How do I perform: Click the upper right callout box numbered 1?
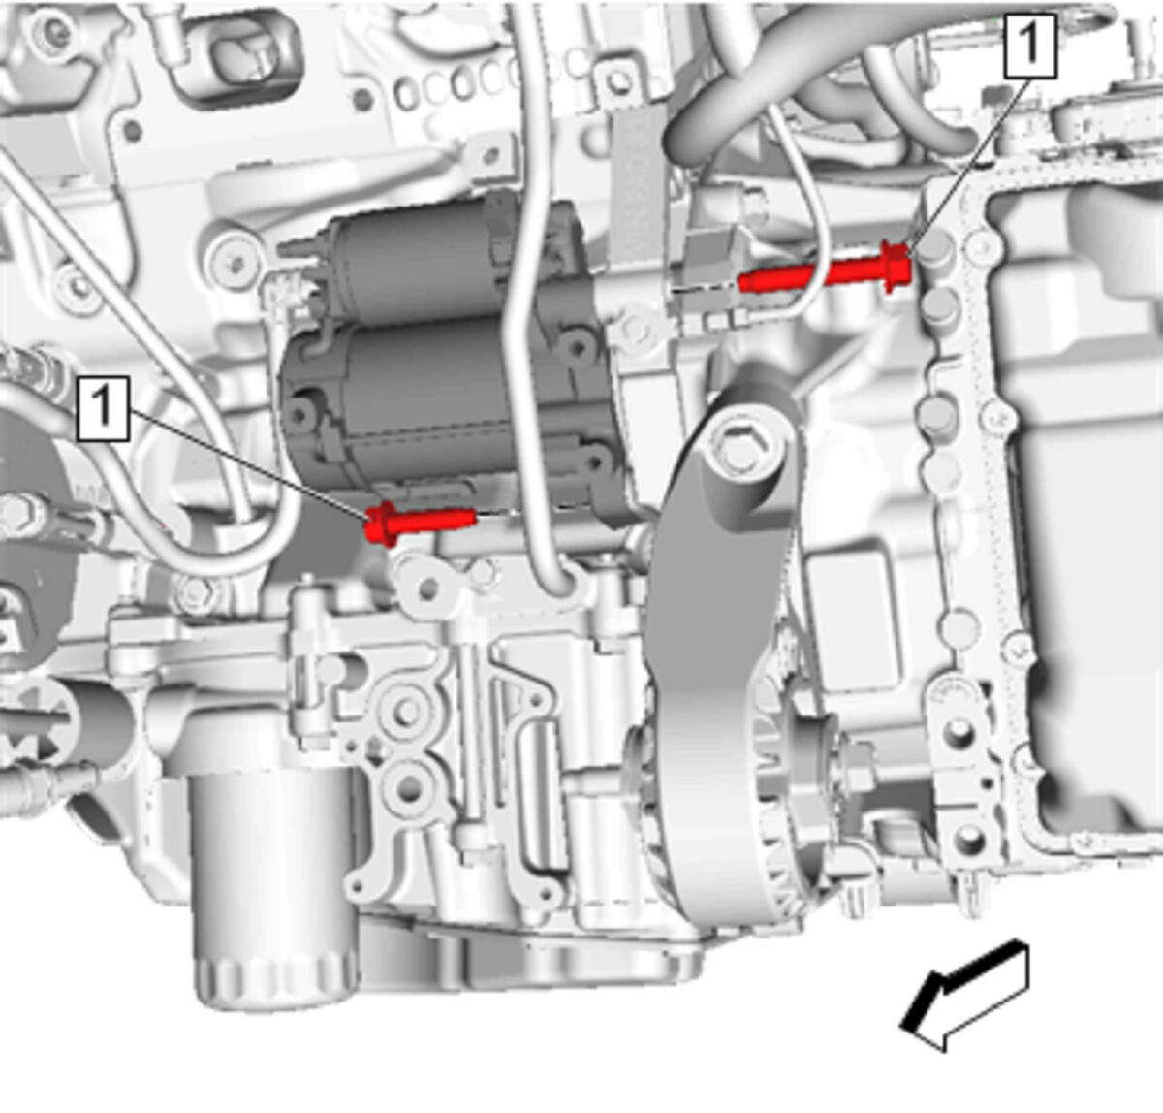[1029, 47]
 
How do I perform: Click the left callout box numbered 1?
[103, 409]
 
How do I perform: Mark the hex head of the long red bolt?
[897, 268]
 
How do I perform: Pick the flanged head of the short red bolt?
[381, 525]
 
